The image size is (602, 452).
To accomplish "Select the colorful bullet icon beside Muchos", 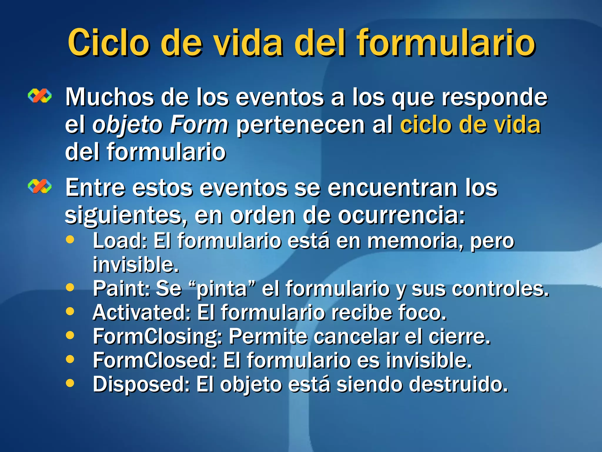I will click(x=40, y=96).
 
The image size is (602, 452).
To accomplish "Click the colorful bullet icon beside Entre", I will click(x=40, y=187).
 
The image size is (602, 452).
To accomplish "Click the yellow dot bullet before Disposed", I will click(x=70, y=383).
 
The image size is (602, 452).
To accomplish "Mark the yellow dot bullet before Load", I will click(x=70, y=240).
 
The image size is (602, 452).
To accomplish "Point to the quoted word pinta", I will click(x=222, y=289).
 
